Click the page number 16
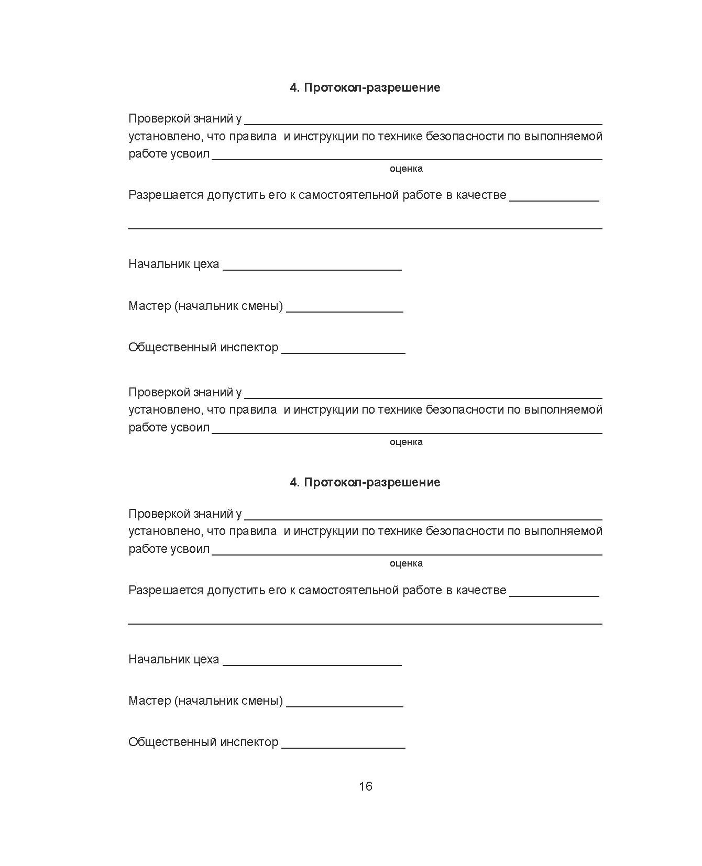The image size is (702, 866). [x=365, y=786]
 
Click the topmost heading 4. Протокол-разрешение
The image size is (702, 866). [x=365, y=87]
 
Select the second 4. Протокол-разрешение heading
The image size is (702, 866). [x=365, y=482]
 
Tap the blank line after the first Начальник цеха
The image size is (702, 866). [x=312, y=267]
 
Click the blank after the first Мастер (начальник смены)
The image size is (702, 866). [x=345, y=309]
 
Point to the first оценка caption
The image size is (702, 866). [x=406, y=169]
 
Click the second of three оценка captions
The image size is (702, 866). [x=406, y=442]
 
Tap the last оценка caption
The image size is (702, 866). [x=406, y=563]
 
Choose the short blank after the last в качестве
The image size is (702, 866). [x=554, y=594]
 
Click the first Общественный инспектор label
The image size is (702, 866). [x=203, y=347]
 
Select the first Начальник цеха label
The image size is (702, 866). [x=173, y=264]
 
